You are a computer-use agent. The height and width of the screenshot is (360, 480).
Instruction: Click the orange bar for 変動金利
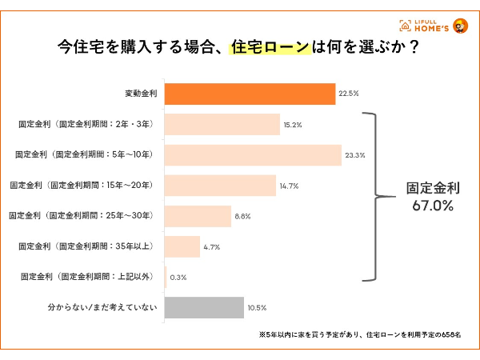pos(250,94)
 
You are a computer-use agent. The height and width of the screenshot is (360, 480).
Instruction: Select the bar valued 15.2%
pos(222,125)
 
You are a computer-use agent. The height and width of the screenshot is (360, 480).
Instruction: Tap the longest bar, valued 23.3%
pos(253,155)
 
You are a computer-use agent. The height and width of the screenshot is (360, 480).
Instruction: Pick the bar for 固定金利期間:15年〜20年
pos(220,186)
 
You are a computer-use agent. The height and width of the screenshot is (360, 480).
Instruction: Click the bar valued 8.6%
pos(197,216)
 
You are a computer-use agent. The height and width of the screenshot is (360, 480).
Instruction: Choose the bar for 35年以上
pos(182,246)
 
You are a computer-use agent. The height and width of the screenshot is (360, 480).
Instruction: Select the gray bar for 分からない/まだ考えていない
pos(204,308)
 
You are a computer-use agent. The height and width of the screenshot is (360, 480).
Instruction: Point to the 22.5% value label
pos(349,94)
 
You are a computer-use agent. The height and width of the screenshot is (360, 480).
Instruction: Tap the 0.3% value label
pos(178,278)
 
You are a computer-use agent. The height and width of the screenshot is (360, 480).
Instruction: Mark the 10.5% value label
pos(257,308)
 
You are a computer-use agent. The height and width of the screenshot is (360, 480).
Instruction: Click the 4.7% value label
pos(212,247)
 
